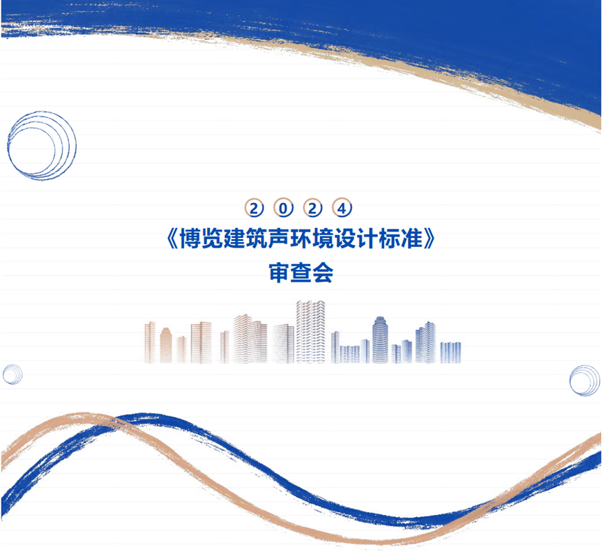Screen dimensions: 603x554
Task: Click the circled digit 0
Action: coord(283,208)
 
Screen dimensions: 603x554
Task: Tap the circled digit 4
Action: coord(342,208)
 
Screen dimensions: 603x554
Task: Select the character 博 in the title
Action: coord(190,239)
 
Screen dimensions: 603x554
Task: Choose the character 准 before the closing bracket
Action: coord(412,239)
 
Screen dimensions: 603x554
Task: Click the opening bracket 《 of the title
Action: coord(173,239)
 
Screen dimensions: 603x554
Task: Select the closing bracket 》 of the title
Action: coord(429,239)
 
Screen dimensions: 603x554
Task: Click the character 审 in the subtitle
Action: coord(280,273)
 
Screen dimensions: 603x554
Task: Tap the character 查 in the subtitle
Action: coord(301,273)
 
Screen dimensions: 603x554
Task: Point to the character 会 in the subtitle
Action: coord(323,273)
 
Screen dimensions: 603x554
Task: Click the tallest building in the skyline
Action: coord(310,332)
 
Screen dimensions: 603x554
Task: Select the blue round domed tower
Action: coord(380,340)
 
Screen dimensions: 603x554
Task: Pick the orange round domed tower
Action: coord(166,345)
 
